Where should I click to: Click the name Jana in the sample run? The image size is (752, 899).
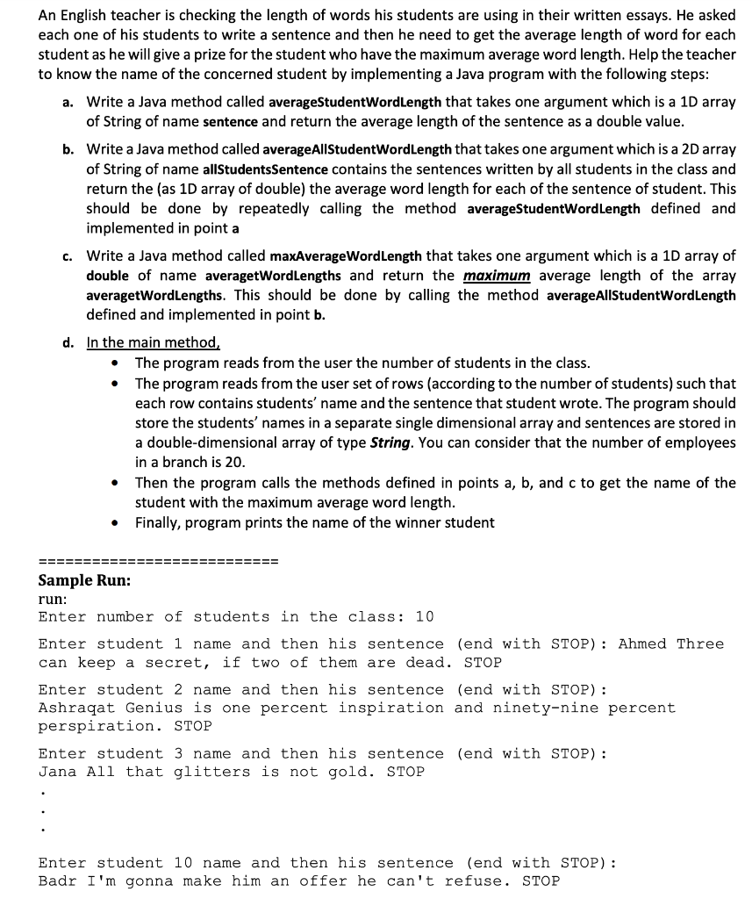coord(58,773)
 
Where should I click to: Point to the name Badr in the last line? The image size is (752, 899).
coord(58,881)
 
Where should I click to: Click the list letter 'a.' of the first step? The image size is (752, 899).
coord(68,103)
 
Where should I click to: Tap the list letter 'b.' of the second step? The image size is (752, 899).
coord(68,150)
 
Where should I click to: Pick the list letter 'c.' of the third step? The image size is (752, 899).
coord(68,256)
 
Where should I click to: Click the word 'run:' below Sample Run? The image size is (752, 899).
coord(53,599)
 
